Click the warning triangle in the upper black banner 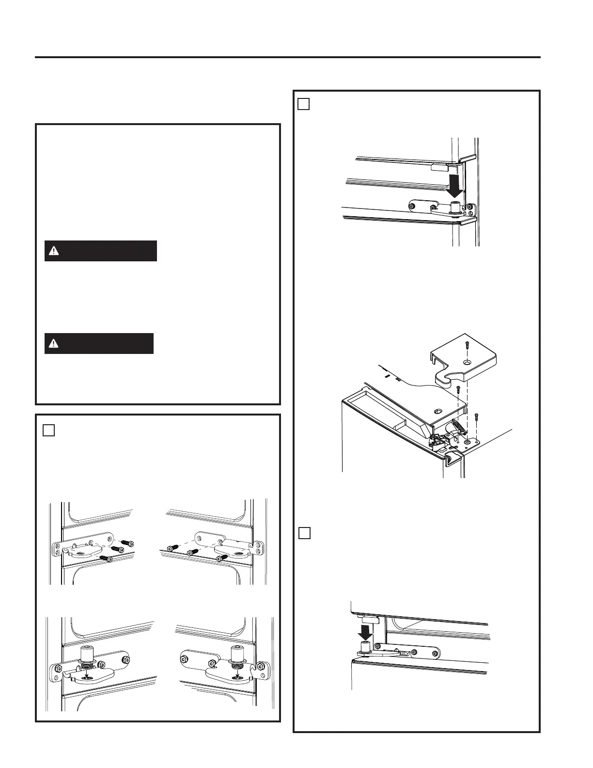(54, 251)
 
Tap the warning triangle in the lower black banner (53, 343)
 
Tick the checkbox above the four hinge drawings (48, 430)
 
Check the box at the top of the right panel (303, 104)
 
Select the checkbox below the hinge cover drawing (304, 533)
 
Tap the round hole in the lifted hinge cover (466, 362)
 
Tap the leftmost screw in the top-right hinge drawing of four (172, 548)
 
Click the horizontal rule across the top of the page (287, 57)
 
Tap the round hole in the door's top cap (439, 410)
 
